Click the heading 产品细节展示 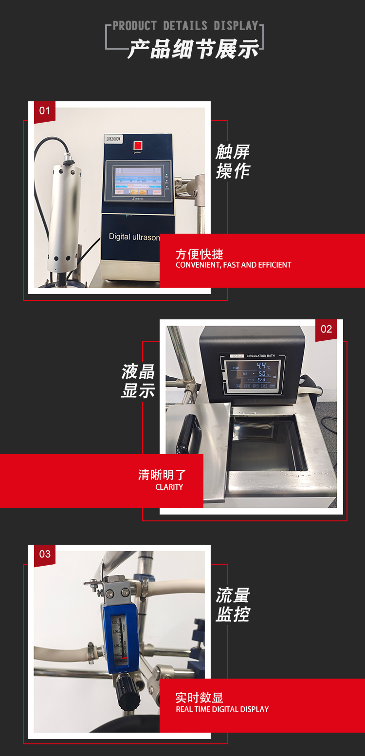[193, 50]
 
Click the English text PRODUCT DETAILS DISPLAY [185, 26]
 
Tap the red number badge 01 [44, 111]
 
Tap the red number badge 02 [326, 330]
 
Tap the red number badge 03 [45, 554]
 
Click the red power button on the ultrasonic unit [137, 145]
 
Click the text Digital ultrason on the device [134, 237]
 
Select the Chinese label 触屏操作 [233, 161]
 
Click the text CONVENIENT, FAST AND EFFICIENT [233, 265]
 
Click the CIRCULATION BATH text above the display [260, 356]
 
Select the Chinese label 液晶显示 [138, 381]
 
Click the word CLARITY [169, 487]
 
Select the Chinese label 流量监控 [233, 605]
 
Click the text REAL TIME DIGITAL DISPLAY [222, 709]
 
